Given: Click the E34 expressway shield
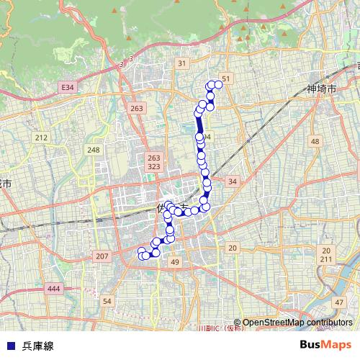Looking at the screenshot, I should click(x=67, y=87).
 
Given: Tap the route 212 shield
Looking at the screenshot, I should click(x=40, y=138).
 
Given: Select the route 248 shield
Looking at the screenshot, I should click(x=94, y=150).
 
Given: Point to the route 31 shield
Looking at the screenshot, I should click(x=182, y=64).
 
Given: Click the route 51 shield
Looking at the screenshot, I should click(x=226, y=78).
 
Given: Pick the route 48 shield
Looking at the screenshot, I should click(x=315, y=142).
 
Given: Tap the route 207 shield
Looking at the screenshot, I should click(x=102, y=256).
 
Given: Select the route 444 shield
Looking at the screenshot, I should click(x=53, y=289).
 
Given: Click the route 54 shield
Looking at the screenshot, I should click(x=107, y=301).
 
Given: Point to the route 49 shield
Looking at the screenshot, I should click(x=175, y=264).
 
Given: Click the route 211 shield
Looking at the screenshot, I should click(x=326, y=258).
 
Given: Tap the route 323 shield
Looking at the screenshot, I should click(x=153, y=167).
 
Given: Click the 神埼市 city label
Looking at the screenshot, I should click(x=320, y=89).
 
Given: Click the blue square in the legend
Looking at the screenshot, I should click(x=11, y=346).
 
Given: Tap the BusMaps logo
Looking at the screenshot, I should click(x=325, y=345).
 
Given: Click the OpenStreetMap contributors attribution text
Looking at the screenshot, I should click(x=297, y=323).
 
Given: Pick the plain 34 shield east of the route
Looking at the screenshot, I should click(x=232, y=181).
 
